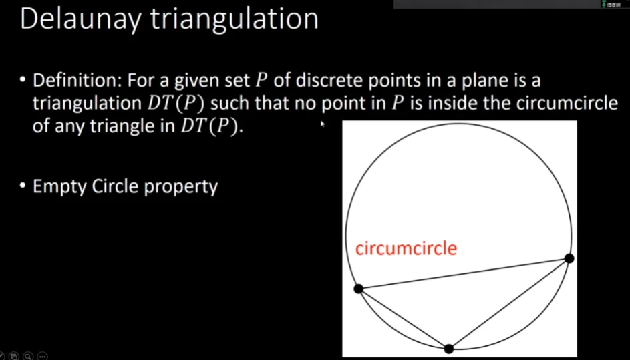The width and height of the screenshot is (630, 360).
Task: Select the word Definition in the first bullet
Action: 74,81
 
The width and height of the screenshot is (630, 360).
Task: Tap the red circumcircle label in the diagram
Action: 406,248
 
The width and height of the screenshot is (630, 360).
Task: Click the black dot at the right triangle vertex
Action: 569,258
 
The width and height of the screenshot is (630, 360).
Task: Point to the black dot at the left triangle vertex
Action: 358,289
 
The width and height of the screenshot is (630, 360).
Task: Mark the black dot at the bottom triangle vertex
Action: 449,349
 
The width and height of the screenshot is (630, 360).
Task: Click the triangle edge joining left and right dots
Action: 464,274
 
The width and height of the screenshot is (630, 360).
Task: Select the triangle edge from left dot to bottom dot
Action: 404,319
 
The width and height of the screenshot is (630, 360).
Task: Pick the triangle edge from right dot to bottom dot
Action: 508,304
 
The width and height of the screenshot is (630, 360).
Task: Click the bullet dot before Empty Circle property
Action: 23,186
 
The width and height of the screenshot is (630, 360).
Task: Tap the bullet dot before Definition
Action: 23,80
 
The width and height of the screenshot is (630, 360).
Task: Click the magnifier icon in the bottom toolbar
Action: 27,356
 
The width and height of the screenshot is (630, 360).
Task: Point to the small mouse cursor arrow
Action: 322,124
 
